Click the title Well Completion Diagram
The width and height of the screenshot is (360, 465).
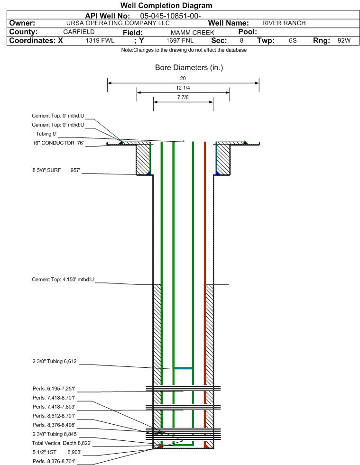click(166, 5)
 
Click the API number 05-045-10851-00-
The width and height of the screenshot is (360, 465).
click(170, 16)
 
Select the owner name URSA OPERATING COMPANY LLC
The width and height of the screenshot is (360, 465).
click(118, 23)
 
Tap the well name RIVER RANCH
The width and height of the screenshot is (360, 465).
click(284, 23)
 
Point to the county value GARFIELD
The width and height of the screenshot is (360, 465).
click(79, 32)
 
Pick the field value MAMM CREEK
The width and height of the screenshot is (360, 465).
click(192, 32)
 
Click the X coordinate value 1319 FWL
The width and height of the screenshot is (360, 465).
click(100, 41)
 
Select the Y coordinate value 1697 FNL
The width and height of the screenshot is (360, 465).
click(180, 41)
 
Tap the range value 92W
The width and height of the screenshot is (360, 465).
click(344, 41)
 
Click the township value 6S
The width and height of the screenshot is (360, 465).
click(293, 41)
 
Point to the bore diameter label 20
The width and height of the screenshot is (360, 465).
click(183, 78)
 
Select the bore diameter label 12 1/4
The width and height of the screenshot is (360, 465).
click(183, 88)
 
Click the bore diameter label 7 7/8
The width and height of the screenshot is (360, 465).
click(183, 97)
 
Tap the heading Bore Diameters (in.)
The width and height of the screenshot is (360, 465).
click(189, 68)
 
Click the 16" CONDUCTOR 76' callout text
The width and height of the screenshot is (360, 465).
click(58, 143)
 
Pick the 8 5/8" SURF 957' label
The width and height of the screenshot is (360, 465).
click(56, 170)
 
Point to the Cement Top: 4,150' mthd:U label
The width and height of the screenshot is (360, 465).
click(63, 279)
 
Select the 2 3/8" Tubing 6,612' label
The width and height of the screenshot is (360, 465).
click(55, 361)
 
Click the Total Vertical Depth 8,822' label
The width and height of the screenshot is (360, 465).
click(62, 443)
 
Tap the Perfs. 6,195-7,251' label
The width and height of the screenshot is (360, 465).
click(54, 389)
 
